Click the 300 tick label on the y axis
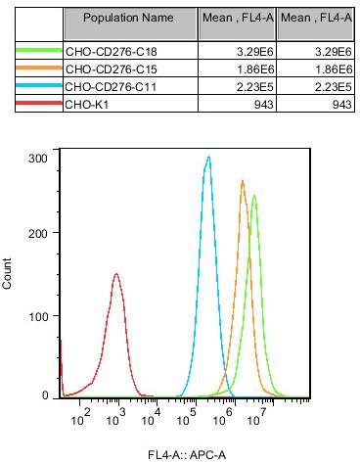click(38, 157)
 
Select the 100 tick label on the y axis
click(38, 316)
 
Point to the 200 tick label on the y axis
click(38, 236)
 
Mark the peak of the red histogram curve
click(116, 274)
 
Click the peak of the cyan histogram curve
click(207, 157)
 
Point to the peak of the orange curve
click(243, 181)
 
